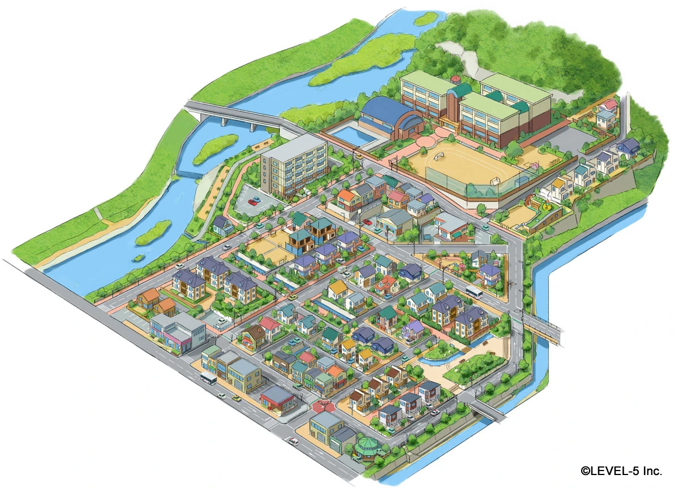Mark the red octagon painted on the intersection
click(324, 405)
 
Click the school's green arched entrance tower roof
click(461, 90)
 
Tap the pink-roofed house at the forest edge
click(609, 105)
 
